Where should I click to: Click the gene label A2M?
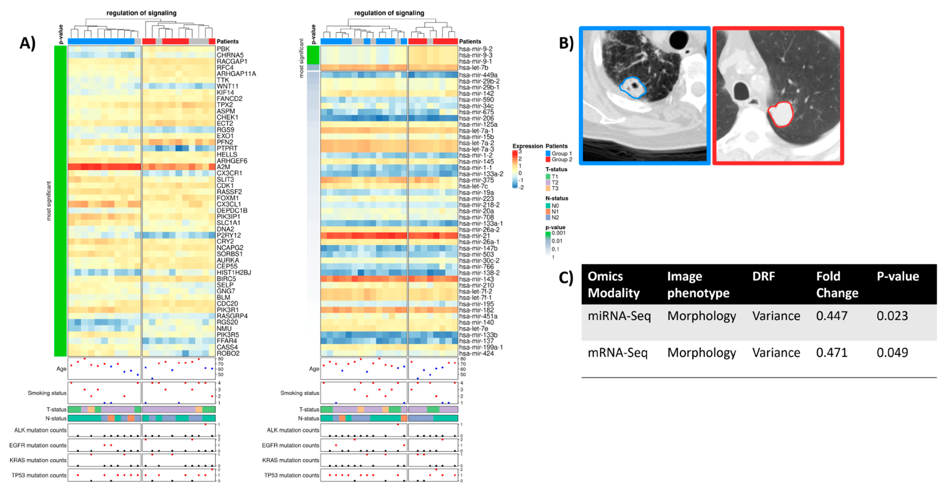click(223, 167)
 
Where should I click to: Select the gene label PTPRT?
click(227, 148)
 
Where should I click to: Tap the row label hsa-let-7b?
click(473, 67)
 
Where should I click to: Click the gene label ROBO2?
click(228, 353)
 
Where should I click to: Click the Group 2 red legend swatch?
click(548, 159)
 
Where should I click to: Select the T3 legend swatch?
click(548, 188)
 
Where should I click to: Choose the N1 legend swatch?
click(548, 212)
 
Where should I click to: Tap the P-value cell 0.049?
click(892, 353)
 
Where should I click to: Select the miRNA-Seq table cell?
click(619, 316)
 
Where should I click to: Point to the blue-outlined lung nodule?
click(633, 88)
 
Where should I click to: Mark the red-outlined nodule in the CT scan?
click(780, 114)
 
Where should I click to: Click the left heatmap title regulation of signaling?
click(141, 13)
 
